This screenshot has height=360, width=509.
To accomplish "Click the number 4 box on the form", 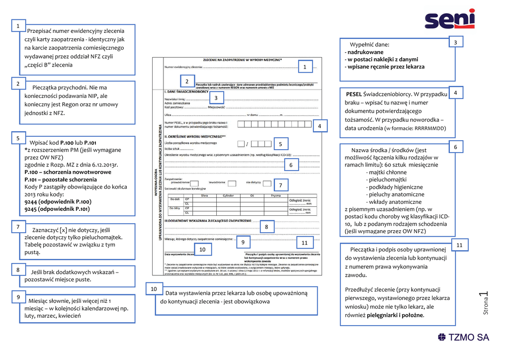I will (x=320, y=126).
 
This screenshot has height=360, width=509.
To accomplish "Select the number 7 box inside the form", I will (x=280, y=185).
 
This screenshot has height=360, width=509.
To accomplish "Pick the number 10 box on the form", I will (x=202, y=249).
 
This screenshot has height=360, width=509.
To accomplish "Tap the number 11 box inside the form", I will (x=305, y=243).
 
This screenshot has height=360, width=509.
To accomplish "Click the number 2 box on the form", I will (x=187, y=81).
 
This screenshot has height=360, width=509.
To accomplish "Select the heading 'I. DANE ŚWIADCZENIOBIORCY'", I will (x=186, y=92).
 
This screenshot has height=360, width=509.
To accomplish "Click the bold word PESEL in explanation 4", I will (x=354, y=94).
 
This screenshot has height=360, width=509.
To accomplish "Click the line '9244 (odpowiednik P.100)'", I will (x=58, y=202).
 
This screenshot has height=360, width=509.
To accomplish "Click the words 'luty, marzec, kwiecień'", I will (x=52, y=315).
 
